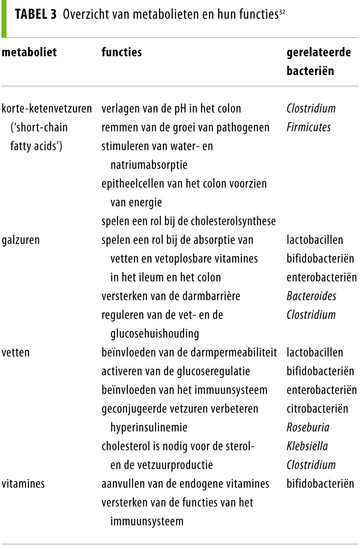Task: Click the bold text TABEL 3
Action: click(36, 14)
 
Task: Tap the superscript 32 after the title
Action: click(282, 12)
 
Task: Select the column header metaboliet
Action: click(29, 52)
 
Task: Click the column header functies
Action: click(121, 52)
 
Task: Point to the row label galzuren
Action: click(21, 240)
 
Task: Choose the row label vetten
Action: click(15, 352)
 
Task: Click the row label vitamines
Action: click(23, 484)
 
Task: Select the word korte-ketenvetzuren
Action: click(47, 109)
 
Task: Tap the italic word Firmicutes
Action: click(309, 127)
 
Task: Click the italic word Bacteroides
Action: click(311, 296)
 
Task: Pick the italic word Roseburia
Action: click(308, 427)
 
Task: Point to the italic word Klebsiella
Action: click(307, 446)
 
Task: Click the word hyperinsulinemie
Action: click(149, 427)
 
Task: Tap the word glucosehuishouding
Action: click(154, 334)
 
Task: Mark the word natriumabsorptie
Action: click(149, 165)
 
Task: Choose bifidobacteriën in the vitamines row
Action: click(320, 484)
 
